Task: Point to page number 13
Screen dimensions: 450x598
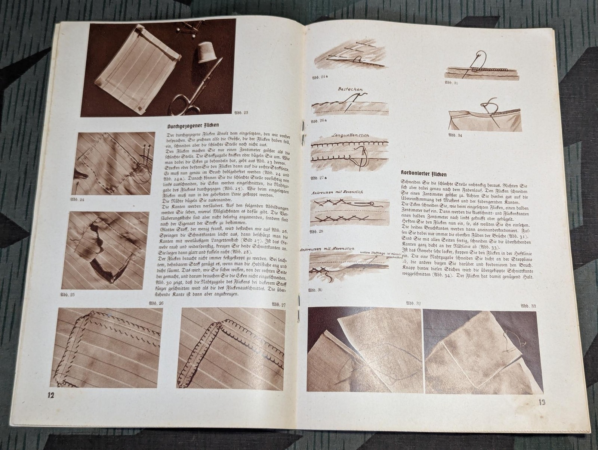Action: pyautogui.click(x=543, y=402)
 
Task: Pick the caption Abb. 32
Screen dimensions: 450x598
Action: pyautogui.click(x=413, y=304)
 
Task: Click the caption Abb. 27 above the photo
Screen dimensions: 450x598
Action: pyautogui.click(x=279, y=304)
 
